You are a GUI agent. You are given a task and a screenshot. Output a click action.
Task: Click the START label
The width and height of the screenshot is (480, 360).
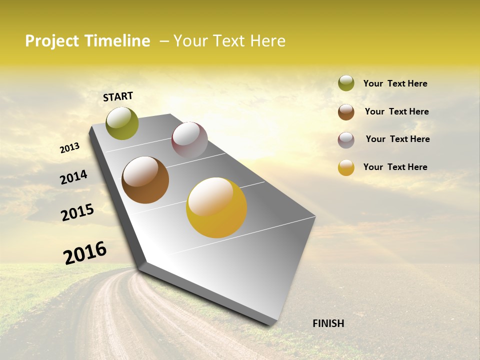pyautogui.click(x=118, y=96)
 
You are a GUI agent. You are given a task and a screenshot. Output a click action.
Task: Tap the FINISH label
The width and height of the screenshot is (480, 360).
pyautogui.click(x=328, y=323)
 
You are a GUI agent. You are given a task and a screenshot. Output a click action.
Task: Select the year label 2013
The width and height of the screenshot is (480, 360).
pyautogui.click(x=69, y=148)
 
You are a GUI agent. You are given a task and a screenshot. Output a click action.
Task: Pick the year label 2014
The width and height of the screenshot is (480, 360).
pyautogui.click(x=73, y=177)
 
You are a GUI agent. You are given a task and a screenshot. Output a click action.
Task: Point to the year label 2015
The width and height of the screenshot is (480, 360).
pyautogui.click(x=77, y=212)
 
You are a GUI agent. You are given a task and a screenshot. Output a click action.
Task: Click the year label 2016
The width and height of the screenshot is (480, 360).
pyautogui.click(x=85, y=253)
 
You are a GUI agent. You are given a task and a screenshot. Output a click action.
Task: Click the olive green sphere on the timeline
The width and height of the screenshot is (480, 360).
pyautogui.click(x=122, y=123)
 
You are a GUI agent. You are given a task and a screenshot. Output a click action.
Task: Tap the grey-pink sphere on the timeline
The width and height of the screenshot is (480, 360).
pyautogui.click(x=189, y=140)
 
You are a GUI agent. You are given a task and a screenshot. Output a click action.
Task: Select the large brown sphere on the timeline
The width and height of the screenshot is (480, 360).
pyautogui.click(x=145, y=180)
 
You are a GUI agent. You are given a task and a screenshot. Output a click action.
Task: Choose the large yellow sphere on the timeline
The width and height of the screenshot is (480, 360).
pyautogui.click(x=216, y=207)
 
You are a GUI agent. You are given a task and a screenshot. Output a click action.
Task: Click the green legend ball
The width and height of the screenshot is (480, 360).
pyautogui.click(x=346, y=83)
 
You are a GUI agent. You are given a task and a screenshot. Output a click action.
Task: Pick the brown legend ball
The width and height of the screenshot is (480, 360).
pyautogui.click(x=346, y=112)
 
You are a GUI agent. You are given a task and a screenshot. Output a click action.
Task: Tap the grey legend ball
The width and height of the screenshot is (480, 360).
pyautogui.click(x=346, y=140)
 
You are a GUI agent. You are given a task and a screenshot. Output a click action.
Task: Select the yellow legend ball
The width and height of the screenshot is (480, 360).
pyautogui.click(x=346, y=167)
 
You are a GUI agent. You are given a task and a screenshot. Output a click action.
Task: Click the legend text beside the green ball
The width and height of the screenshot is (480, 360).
pyautogui.click(x=395, y=84)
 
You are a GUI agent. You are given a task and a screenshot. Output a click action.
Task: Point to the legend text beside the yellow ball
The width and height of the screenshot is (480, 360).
pyautogui.click(x=395, y=167)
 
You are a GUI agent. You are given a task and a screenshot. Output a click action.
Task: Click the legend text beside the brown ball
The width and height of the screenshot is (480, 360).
pyautogui.click(x=396, y=111)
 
